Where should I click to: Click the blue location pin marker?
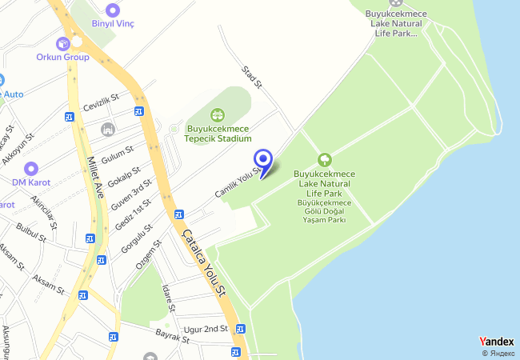[262, 158]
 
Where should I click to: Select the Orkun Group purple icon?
[63, 42]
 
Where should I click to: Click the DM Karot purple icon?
[31, 168]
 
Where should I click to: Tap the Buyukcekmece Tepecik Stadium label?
[218, 134]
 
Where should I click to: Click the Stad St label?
[252, 76]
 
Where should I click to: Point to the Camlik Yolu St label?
[238, 183]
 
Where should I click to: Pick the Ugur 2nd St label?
[206, 330]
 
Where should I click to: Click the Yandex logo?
[496, 342]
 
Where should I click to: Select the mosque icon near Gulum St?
[108, 129]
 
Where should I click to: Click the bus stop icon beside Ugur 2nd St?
[241, 328]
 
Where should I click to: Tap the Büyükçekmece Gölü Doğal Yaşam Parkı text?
[325, 211]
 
